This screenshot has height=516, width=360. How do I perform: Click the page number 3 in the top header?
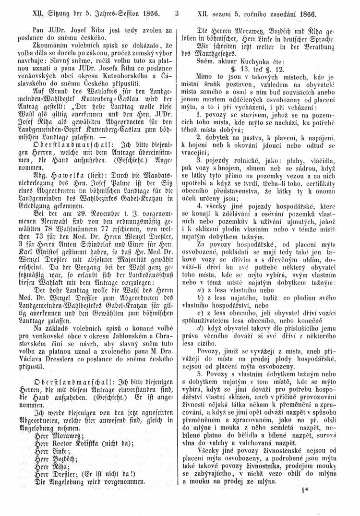click(177, 9)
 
